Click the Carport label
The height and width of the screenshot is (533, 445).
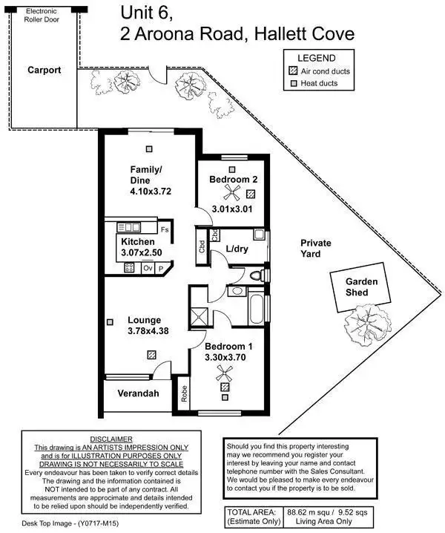pyautogui.click(x=44, y=71)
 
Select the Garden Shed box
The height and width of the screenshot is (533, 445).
pyautogui.click(x=362, y=287)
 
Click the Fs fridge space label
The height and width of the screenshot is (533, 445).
pyautogui.click(x=163, y=229)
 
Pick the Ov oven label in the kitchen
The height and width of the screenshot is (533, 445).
pyautogui.click(x=147, y=267)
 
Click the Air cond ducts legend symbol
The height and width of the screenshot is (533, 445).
pyautogui.click(x=293, y=71)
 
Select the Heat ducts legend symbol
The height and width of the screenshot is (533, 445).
pyautogui.click(x=293, y=83)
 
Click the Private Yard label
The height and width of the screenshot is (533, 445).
pyautogui.click(x=316, y=248)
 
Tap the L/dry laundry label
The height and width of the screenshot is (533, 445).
pyautogui.click(x=237, y=248)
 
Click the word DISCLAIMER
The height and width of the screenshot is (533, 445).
pyautogui.click(x=110, y=439)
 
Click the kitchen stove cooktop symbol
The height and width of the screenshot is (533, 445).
pyautogui.click(x=129, y=267)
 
